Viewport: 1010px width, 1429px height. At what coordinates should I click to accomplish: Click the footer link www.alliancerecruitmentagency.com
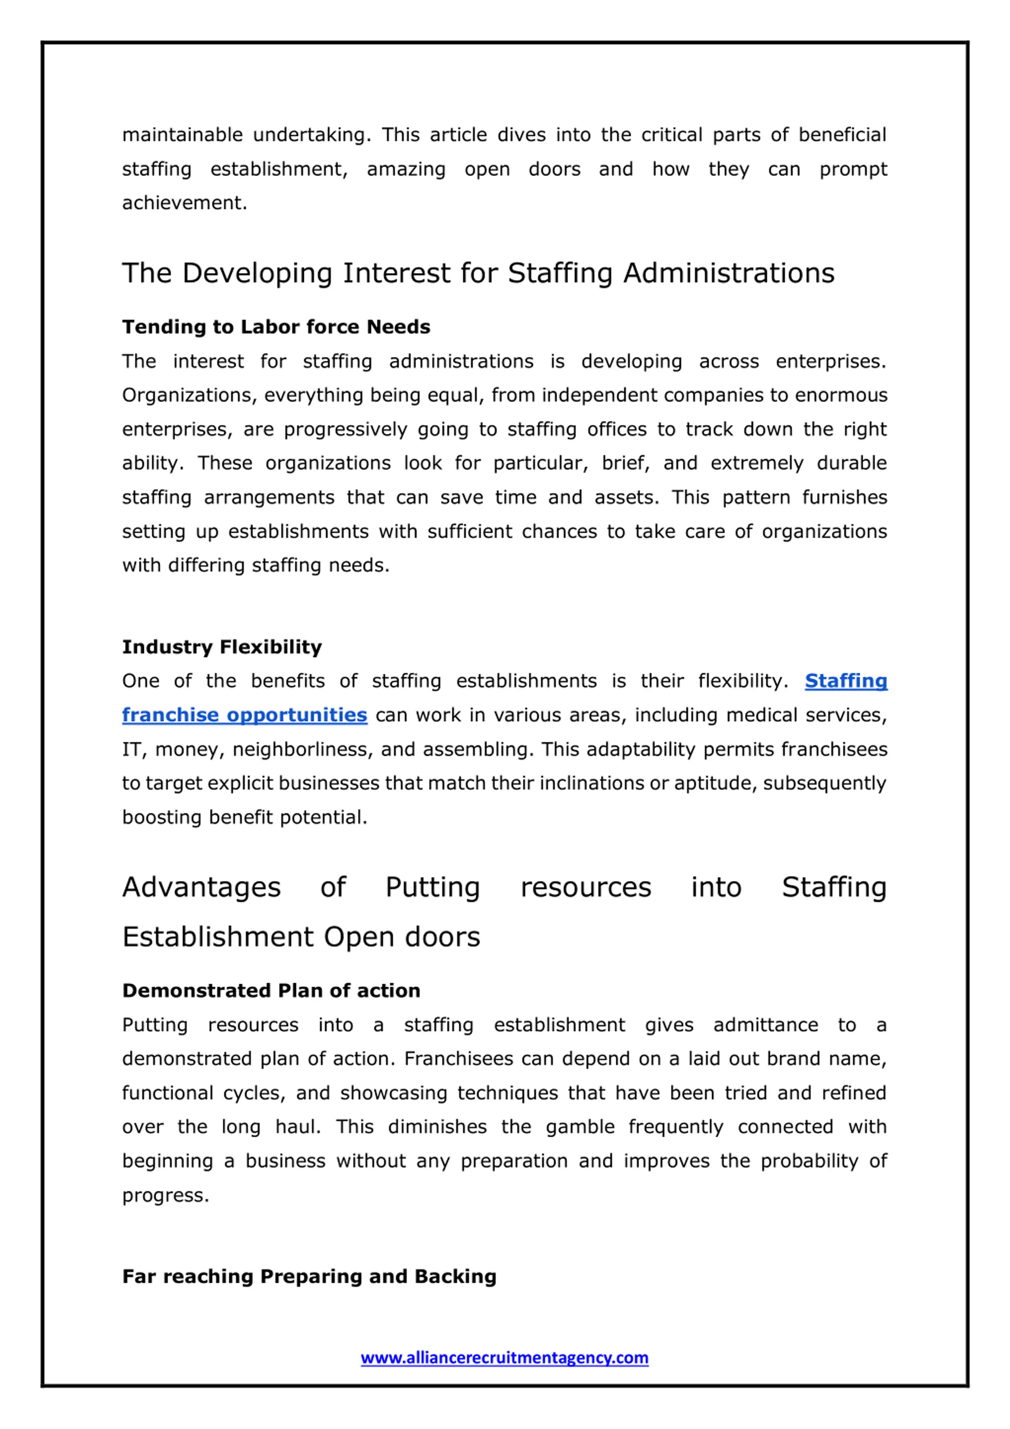point(504,1357)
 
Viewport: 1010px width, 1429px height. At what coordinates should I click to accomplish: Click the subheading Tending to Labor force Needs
point(276,327)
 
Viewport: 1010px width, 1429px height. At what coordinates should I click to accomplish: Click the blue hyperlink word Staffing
point(845,681)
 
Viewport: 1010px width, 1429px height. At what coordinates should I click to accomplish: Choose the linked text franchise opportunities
point(244,715)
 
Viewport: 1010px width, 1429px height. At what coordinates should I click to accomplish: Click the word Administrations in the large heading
point(729,273)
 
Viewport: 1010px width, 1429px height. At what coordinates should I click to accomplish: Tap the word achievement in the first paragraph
point(184,203)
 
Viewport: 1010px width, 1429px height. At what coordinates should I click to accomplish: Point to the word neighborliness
point(302,749)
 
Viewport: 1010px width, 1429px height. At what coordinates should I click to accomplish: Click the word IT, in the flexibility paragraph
point(134,749)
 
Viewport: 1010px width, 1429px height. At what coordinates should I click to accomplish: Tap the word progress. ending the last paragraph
point(165,1195)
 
